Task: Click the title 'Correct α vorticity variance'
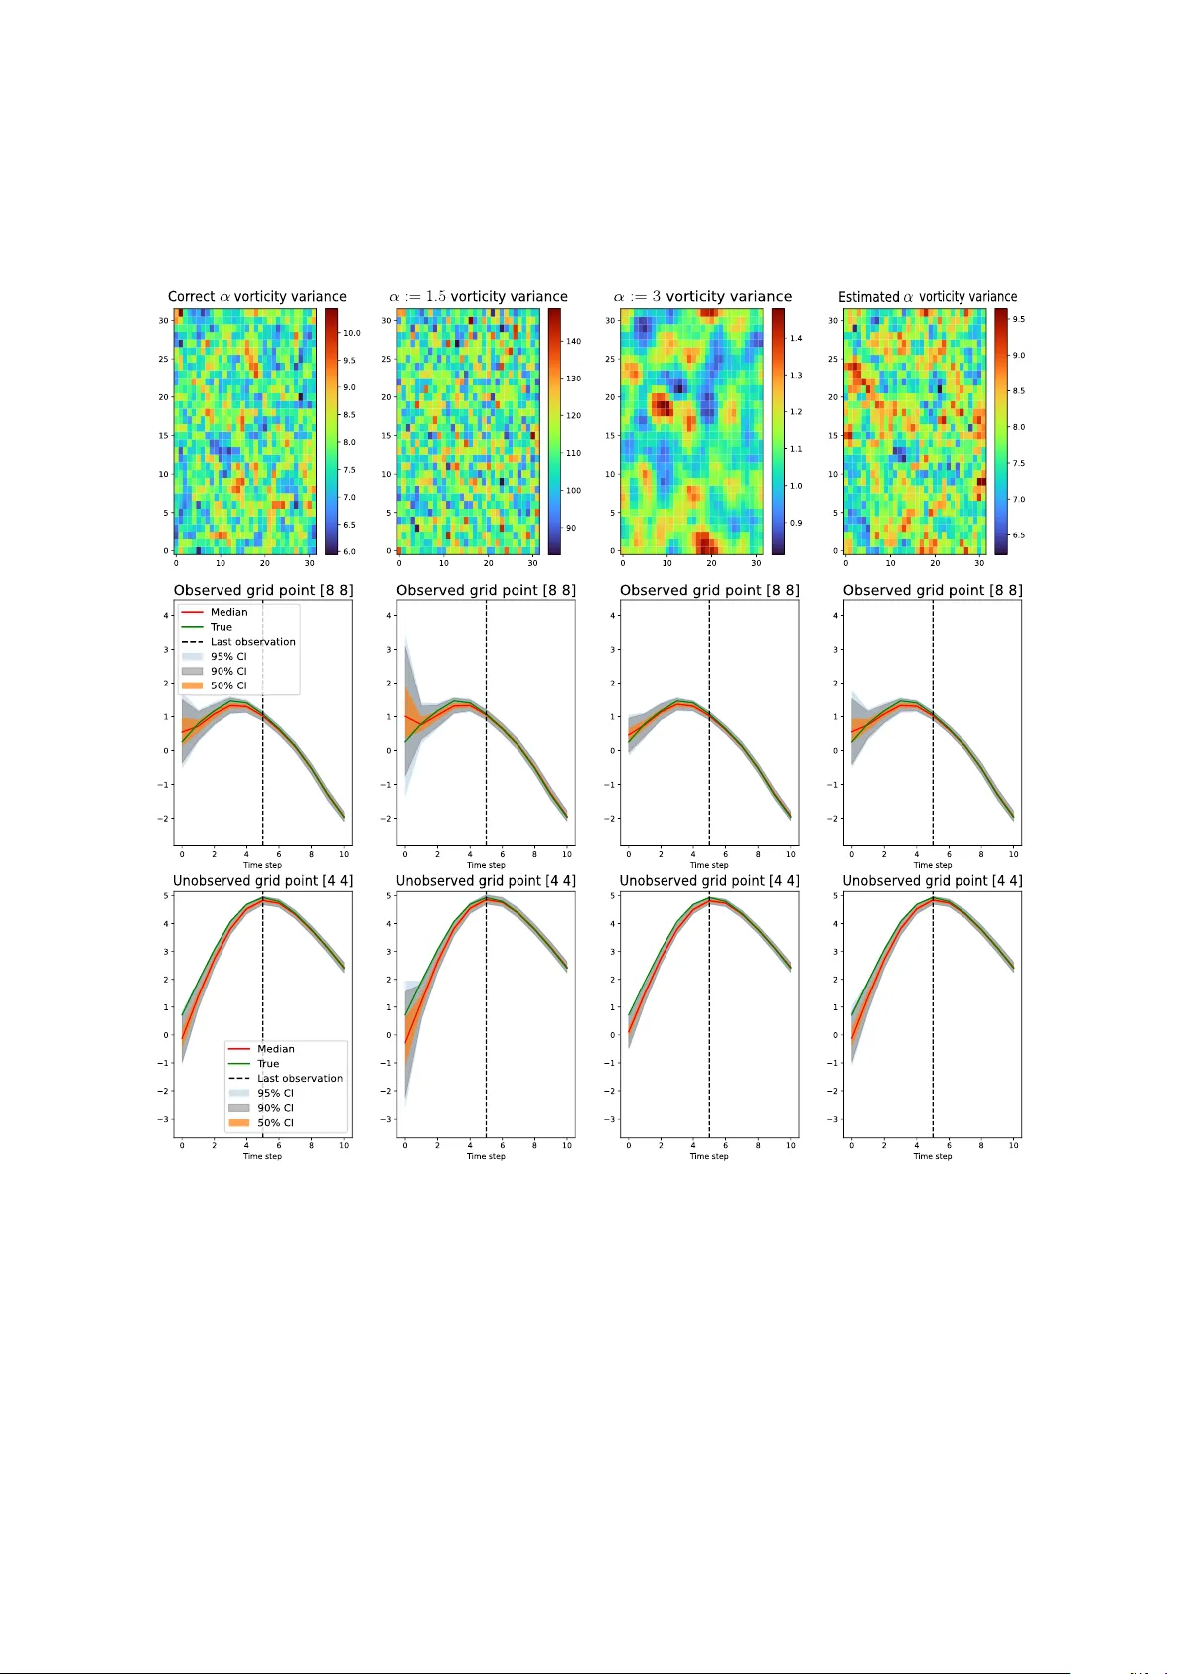tap(256, 296)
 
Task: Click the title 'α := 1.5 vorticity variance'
tap(479, 296)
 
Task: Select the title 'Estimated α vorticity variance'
tap(928, 296)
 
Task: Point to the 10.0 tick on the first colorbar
tap(351, 333)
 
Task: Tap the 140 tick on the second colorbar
tap(573, 341)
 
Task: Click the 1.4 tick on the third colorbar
tap(795, 338)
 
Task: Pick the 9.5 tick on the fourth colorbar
tap(1018, 319)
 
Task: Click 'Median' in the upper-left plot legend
tap(228, 612)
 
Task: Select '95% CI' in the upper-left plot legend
tap(227, 656)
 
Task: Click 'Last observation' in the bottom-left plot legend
tap(299, 1078)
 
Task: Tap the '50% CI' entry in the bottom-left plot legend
tap(275, 1122)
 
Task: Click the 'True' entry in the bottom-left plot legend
tap(268, 1063)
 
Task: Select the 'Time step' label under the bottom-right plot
tap(932, 1156)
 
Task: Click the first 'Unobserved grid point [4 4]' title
tap(262, 880)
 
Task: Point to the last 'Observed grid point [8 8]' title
tap(932, 590)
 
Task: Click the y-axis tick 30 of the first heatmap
tap(163, 321)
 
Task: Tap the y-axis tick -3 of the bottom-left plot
tap(165, 1119)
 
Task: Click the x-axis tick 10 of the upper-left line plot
tap(344, 854)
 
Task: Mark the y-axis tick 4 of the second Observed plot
tap(389, 615)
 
